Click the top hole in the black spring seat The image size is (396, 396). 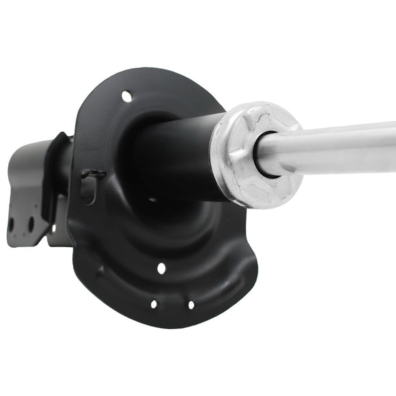pyautogui.click(x=126, y=96)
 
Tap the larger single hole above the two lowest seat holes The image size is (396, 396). pyautogui.click(x=161, y=268)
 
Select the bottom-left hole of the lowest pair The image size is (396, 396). pyautogui.click(x=154, y=304)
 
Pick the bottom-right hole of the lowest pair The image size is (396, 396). pyautogui.click(x=190, y=305)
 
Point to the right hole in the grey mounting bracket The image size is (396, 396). pyautogui.click(x=30, y=223)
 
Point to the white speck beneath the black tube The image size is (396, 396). pyautogui.click(x=152, y=199)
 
